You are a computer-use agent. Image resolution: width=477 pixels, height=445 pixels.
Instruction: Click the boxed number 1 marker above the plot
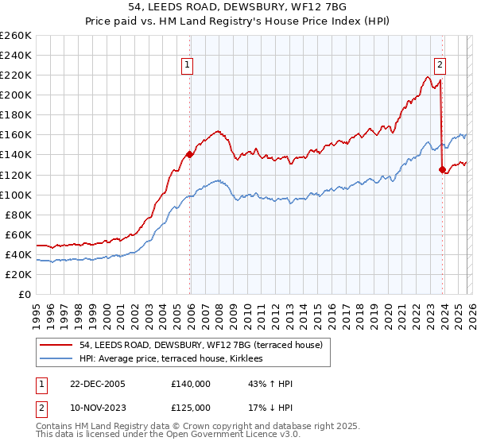pyautogui.click(x=188, y=66)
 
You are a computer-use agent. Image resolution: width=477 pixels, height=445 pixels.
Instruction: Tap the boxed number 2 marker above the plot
pyautogui.click(x=440, y=66)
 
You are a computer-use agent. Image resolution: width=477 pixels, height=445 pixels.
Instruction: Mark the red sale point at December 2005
pyautogui.click(x=189, y=154)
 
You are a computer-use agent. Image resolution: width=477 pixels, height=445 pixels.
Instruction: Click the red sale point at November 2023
pyautogui.click(x=442, y=169)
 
